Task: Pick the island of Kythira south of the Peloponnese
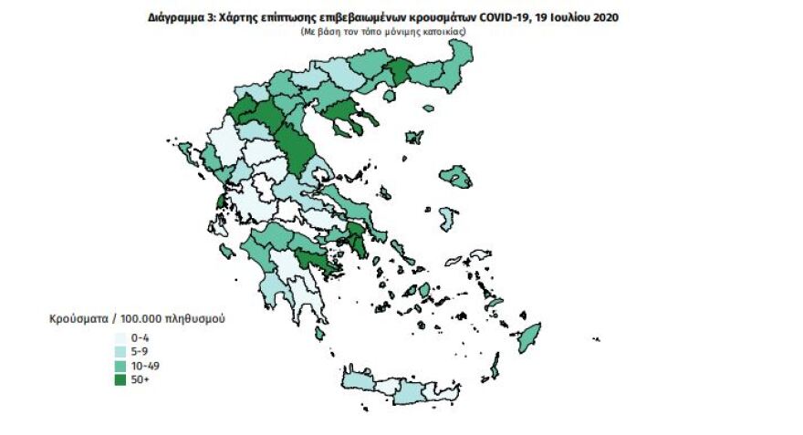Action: [319, 334]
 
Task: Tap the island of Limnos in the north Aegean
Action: [414, 138]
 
